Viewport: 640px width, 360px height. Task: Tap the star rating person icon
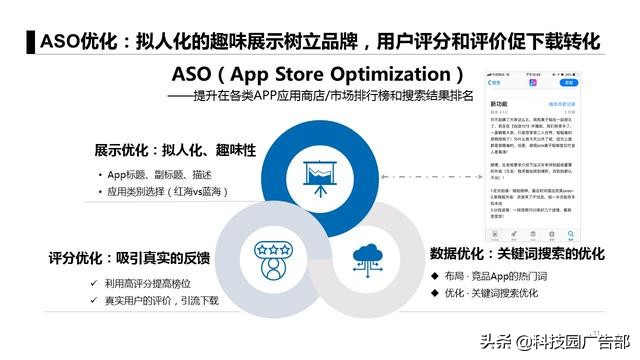(270, 255)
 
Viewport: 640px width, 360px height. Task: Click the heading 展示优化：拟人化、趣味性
(176, 150)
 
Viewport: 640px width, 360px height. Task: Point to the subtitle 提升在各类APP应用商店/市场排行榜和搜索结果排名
(335, 96)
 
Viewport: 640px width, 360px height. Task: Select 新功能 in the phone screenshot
(500, 102)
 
